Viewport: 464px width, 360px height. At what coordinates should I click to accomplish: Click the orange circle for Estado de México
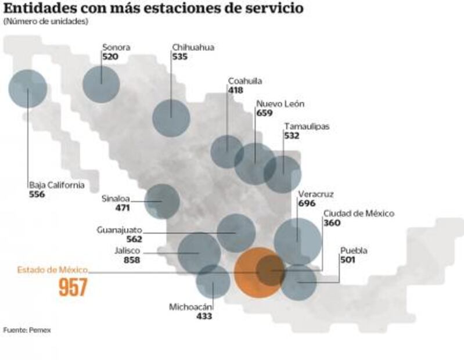258,272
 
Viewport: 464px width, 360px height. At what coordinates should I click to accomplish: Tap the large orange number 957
73,287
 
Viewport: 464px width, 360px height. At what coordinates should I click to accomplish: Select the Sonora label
116,48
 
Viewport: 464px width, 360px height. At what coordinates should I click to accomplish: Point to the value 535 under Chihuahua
179,57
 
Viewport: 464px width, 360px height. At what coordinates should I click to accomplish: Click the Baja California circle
28,89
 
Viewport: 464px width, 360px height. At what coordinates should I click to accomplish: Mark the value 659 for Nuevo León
264,113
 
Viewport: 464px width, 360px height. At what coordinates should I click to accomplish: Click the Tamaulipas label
307,127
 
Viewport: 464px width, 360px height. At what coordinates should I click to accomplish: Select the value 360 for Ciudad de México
332,223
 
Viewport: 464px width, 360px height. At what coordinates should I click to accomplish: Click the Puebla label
354,251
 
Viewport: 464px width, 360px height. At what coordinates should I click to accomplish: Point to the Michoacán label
191,307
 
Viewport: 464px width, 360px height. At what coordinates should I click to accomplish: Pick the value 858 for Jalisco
132,260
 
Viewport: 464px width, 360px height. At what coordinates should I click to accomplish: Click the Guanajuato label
119,229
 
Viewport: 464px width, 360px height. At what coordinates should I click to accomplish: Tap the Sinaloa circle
162,201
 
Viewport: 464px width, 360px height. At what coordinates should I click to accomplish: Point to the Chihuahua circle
171,117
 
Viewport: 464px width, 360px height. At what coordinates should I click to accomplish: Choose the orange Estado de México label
52,270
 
